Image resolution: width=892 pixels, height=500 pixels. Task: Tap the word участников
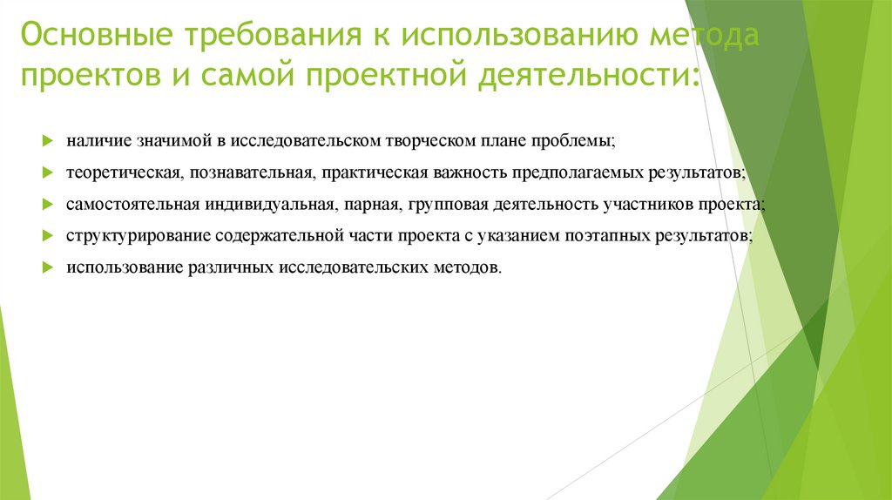(651, 204)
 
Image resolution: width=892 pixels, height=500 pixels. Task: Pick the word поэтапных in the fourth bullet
(591, 235)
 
